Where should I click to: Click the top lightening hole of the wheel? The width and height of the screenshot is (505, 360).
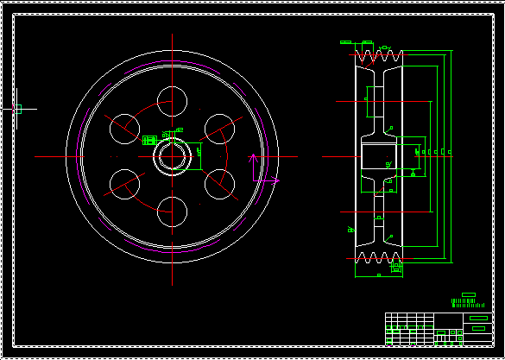(x=173, y=100)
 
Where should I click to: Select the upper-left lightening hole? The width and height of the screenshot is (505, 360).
(x=124, y=128)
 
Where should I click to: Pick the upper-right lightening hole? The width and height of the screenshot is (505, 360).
(x=220, y=128)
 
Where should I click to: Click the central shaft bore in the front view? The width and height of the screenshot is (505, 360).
(x=173, y=156)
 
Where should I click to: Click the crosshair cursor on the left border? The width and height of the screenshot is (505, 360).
(x=18, y=108)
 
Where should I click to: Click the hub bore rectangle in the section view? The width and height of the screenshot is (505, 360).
(x=377, y=156)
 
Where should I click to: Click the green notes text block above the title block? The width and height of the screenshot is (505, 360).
(x=464, y=303)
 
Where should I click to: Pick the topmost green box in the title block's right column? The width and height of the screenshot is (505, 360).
(x=478, y=319)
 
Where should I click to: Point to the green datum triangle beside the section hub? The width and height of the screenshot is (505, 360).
(x=413, y=173)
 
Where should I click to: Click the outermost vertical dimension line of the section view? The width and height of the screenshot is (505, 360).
(x=451, y=156)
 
